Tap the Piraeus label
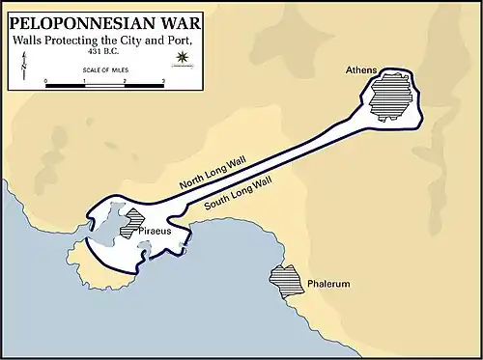pos(155,234)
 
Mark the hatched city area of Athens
pos(390,98)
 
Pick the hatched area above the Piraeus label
pos(133,221)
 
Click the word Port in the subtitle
pos(175,39)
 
